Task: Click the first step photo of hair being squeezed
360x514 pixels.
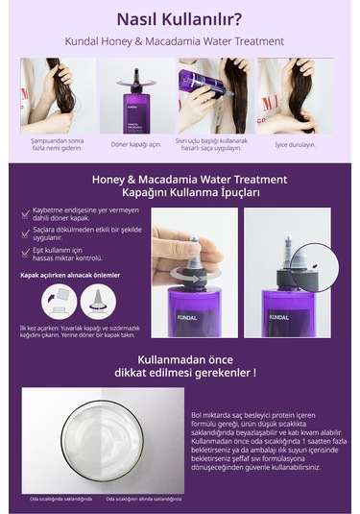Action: point(58,95)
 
